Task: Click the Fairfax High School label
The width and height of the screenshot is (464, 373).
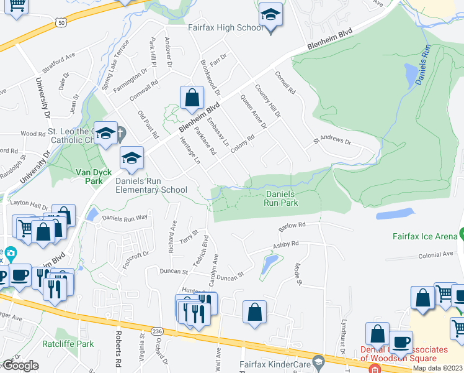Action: (226, 28)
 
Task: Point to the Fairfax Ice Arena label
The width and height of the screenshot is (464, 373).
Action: (424, 236)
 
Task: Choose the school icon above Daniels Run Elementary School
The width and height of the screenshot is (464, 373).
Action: (132, 159)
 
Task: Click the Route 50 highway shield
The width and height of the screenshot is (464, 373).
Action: (61, 23)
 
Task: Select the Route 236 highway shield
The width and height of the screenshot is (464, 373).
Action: (159, 332)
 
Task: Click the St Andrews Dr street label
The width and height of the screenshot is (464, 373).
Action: (332, 140)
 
